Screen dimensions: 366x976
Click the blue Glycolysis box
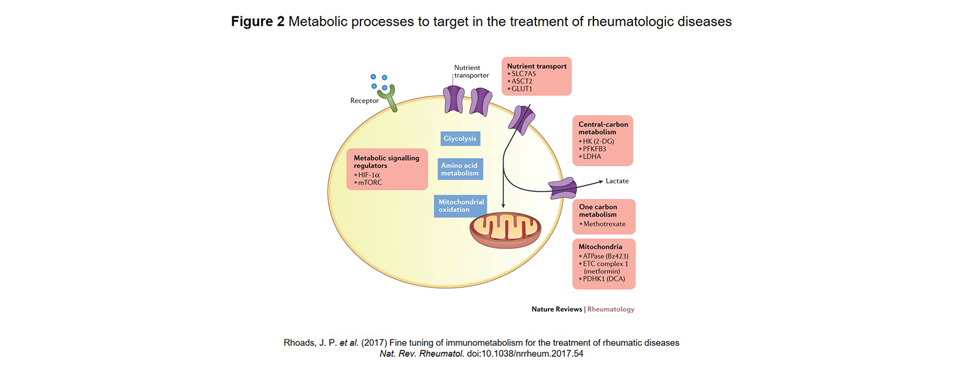point(460,138)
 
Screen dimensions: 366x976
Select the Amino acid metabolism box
point(460,169)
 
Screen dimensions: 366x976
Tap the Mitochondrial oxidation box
point(461,206)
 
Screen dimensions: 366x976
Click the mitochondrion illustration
point(504,230)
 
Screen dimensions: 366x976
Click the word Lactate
point(617,181)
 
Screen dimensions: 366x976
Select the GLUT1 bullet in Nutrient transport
point(522,89)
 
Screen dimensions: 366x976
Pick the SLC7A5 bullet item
point(523,74)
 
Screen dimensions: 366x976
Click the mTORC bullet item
point(370,182)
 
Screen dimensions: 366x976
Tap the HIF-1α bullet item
point(368,175)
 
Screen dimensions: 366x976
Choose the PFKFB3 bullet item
point(594,149)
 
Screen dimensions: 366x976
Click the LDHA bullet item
point(592,157)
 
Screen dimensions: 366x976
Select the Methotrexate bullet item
point(604,224)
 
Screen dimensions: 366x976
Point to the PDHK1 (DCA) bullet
point(603,279)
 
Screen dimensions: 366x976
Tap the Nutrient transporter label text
point(471,71)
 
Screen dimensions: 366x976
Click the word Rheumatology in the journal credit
point(611,309)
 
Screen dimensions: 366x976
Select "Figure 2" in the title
point(257,21)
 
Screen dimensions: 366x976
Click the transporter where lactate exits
point(562,188)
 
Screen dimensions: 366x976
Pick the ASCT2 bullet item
point(522,81)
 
